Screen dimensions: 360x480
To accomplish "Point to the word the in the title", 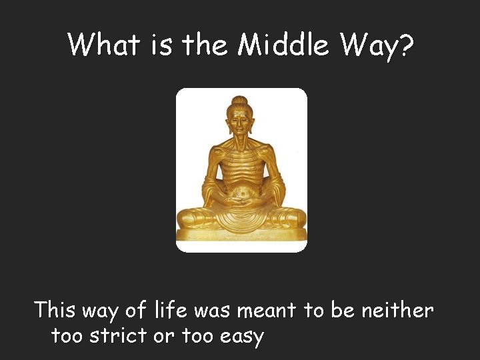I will pos(205,45).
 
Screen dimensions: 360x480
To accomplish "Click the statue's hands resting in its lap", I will pos(241,199).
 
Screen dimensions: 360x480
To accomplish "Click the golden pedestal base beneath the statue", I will pos(241,235).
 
